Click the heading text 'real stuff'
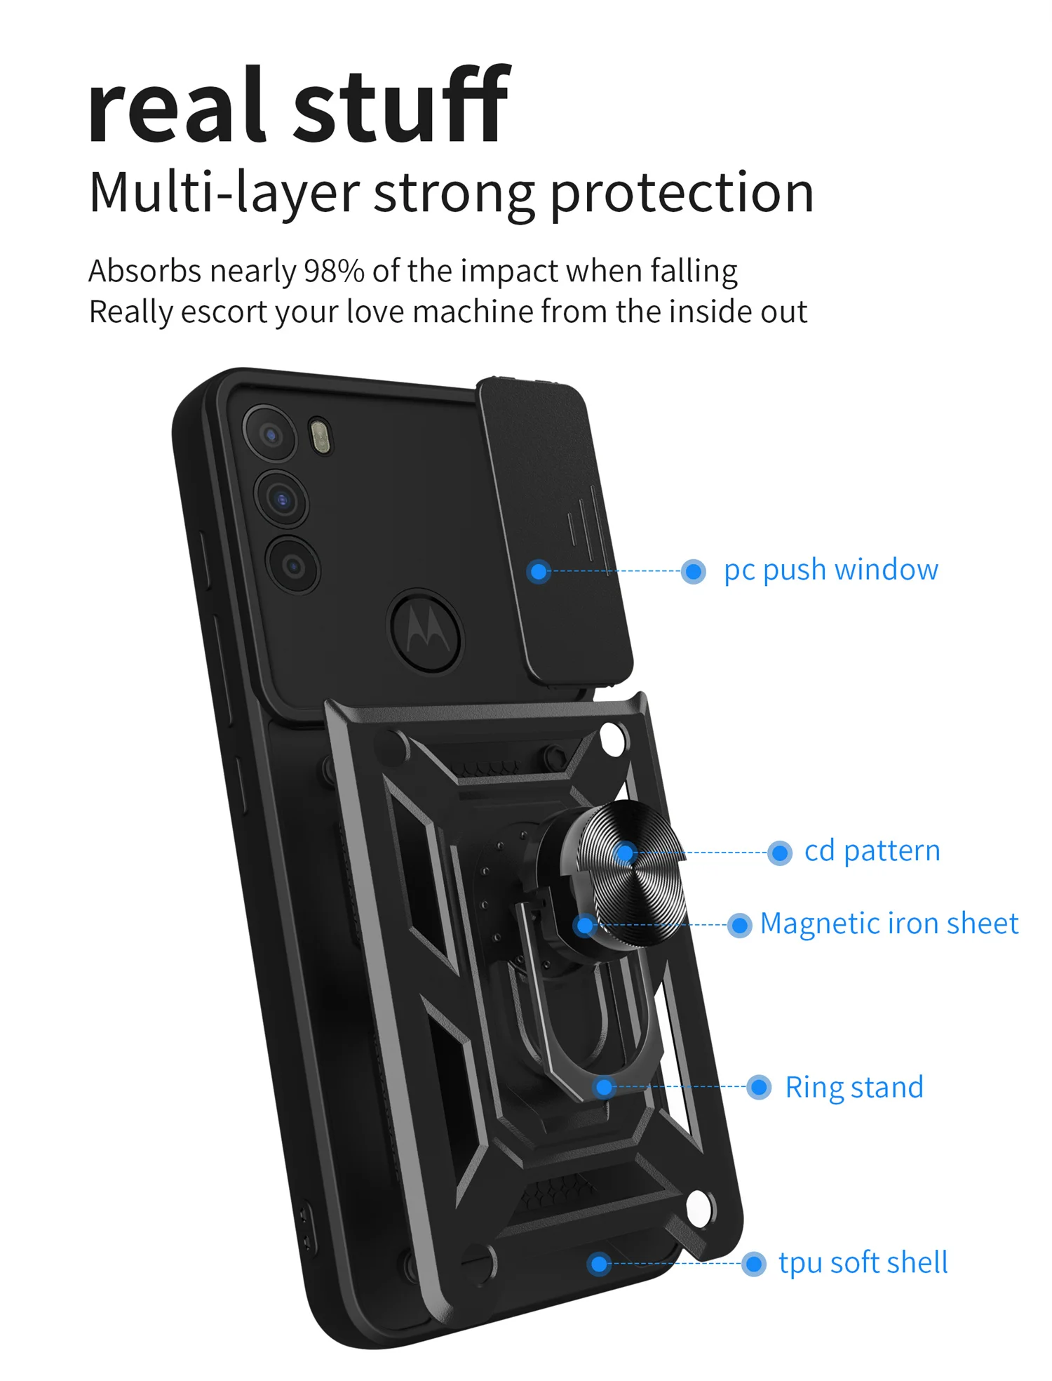pos(298,105)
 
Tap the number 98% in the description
pos(333,271)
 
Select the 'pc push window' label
pos(830,570)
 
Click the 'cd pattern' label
pos(872,851)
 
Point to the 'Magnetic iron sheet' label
pos(889,923)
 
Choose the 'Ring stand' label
pos(854,1087)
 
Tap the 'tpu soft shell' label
pos(863,1262)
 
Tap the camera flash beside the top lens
pos(321,436)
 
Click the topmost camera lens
pos(271,434)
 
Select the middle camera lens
pos(282,499)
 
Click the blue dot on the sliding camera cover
pos(539,571)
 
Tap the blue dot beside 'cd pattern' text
pos(779,853)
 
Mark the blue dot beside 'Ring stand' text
pos(759,1088)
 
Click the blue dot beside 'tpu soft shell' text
pos(754,1264)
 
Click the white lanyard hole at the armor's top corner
pos(613,739)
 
